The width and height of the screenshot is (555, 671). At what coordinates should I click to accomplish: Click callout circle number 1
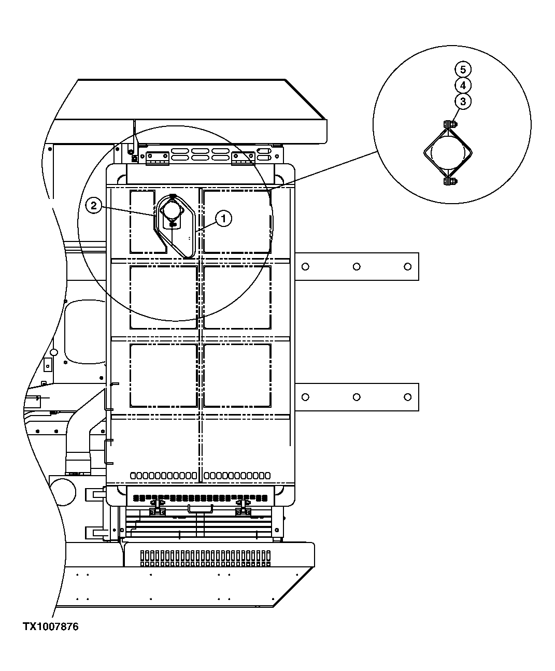224,219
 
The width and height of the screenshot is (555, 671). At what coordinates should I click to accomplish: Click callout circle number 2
93,206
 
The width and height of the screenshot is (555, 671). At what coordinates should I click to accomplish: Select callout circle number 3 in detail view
463,102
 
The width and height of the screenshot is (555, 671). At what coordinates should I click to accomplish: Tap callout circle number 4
463,85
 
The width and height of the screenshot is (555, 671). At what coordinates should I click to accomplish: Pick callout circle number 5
463,69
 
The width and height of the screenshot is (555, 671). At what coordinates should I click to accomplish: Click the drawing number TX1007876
50,627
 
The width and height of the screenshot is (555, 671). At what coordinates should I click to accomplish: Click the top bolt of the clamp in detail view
450,124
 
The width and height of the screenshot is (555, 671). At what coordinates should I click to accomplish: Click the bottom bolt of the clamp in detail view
450,181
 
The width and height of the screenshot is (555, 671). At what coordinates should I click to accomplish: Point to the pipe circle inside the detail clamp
449,152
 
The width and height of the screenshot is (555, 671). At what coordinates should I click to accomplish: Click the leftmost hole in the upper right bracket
305,266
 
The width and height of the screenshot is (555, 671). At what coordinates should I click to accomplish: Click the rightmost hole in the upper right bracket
408,266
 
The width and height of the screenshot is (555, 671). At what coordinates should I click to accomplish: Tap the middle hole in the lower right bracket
357,397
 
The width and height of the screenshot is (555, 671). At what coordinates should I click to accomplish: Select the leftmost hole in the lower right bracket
305,397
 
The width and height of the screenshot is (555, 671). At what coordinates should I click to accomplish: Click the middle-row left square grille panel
163,297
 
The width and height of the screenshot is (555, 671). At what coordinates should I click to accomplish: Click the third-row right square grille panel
237,375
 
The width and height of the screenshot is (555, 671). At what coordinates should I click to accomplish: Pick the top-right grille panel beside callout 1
237,222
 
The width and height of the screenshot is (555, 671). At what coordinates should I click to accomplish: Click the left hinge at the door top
158,158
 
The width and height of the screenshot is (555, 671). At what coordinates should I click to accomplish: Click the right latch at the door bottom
243,508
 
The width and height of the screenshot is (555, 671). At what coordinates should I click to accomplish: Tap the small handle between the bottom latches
200,508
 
